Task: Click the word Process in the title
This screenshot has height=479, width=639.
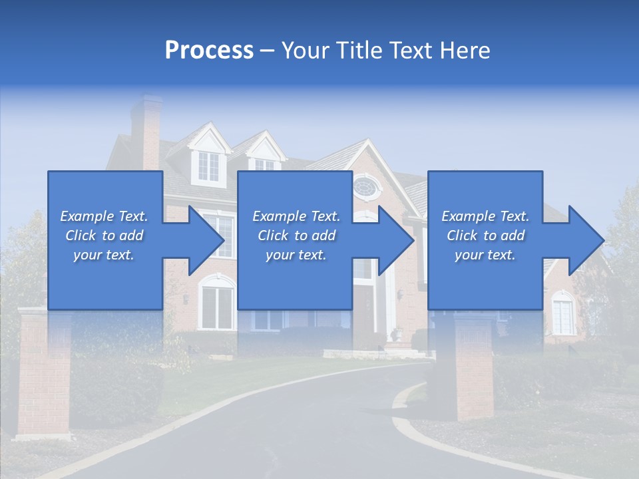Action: (x=209, y=50)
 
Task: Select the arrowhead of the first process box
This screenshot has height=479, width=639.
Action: (x=203, y=240)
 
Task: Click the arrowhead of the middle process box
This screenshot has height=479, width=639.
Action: (x=393, y=240)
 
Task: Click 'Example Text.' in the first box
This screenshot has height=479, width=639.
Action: (x=104, y=216)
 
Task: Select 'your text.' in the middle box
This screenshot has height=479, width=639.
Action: (x=296, y=255)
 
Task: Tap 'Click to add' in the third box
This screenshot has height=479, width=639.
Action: (x=485, y=236)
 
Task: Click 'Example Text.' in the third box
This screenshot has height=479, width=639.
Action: (x=485, y=216)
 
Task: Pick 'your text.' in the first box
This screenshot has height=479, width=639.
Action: (x=104, y=255)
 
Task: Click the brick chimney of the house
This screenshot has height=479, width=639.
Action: (x=146, y=130)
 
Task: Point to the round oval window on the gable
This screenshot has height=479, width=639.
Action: (x=364, y=186)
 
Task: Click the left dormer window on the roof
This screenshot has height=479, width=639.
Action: (x=208, y=166)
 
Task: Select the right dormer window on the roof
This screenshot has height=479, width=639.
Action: (x=264, y=164)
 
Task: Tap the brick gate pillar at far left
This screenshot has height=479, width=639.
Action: (x=43, y=373)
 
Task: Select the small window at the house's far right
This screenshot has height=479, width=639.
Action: (x=563, y=317)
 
